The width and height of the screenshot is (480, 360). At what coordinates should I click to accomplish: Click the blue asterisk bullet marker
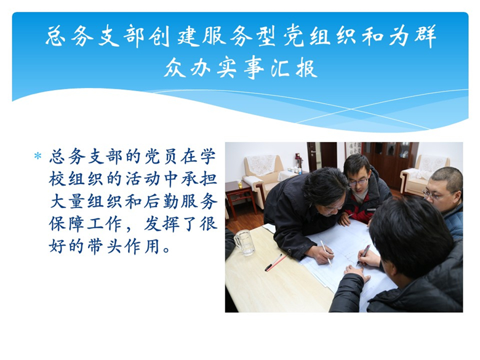point(38,156)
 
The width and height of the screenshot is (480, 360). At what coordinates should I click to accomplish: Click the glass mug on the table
point(244,242)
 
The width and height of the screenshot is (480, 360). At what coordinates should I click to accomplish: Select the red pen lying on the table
point(276,262)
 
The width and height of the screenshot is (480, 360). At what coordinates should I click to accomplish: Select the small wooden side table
point(238,199)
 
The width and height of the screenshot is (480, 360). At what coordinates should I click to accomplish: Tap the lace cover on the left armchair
point(261,165)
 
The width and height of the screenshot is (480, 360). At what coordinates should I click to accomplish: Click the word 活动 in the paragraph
point(143,180)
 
